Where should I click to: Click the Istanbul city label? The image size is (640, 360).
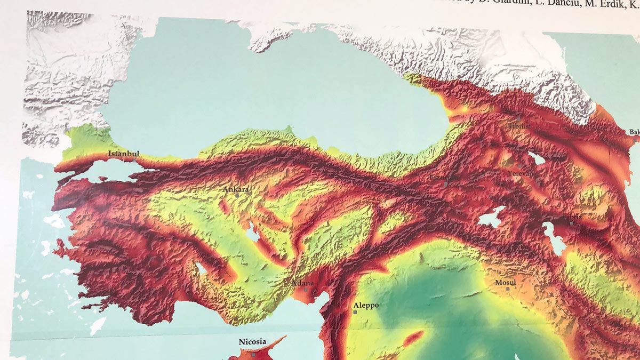124,154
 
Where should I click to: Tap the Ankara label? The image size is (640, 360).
236,189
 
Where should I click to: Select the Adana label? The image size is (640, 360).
303,283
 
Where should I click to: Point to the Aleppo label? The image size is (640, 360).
366,305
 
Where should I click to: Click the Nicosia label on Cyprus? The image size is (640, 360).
252,342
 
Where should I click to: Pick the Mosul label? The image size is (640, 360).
506,282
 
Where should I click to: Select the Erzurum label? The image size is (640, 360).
444,176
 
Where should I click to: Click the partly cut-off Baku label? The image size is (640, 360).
634,132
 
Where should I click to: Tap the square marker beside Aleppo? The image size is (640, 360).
355,311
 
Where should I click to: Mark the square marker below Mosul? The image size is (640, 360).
508,289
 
